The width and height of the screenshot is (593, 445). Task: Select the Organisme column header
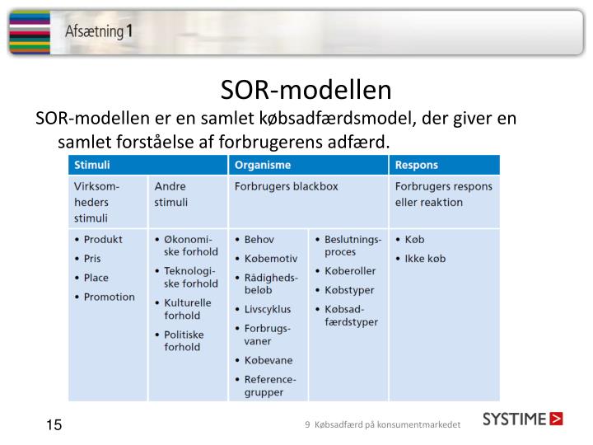point(261,165)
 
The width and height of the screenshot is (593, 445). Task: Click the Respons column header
point(417,165)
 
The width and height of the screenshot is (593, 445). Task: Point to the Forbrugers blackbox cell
point(286,186)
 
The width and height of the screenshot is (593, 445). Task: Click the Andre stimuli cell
point(171,194)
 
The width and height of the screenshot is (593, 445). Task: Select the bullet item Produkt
point(102,239)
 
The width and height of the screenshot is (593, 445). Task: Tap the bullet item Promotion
point(109,297)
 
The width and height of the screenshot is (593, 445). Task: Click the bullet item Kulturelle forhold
point(183,309)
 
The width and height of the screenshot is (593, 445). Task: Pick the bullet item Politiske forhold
point(181,340)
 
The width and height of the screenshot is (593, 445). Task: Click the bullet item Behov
point(259,239)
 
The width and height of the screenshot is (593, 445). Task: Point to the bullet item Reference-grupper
point(269,386)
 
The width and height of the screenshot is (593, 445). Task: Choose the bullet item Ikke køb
point(425,258)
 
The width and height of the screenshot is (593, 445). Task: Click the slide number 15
point(54,425)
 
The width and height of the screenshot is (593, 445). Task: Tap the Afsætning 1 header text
point(99,32)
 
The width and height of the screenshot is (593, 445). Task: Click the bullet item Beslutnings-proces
point(353,246)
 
